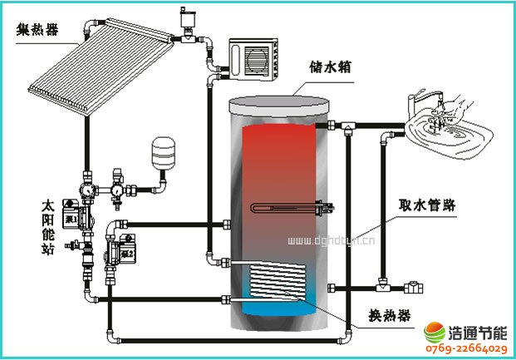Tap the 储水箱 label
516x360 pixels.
[329, 67]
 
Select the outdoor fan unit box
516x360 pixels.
[254, 58]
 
